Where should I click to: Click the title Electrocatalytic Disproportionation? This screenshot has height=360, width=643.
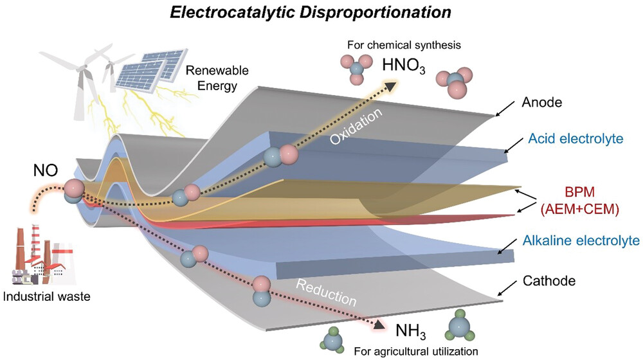(x=321, y=12)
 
